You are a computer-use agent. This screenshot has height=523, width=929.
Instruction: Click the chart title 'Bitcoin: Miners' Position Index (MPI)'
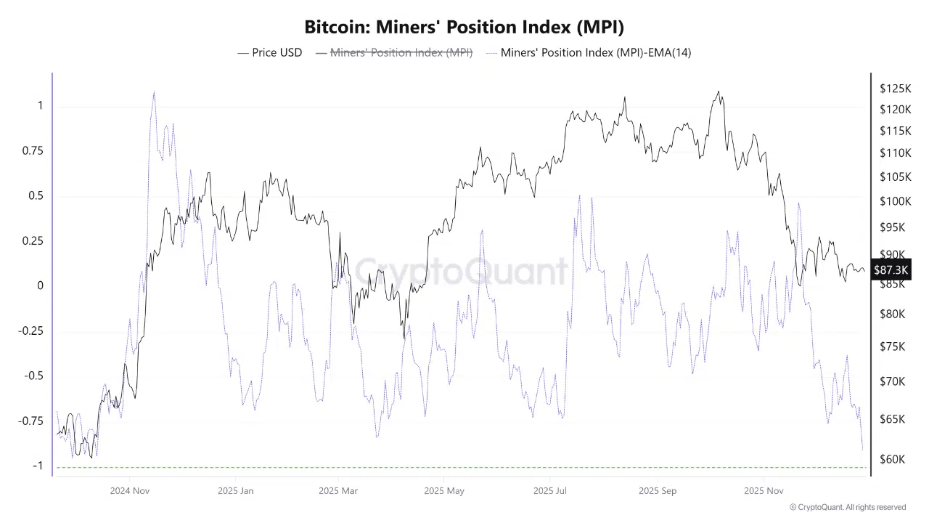point(464,27)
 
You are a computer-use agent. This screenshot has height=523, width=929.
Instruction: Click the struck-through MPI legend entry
point(401,52)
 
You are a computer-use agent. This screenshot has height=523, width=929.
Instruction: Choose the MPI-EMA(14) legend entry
point(595,52)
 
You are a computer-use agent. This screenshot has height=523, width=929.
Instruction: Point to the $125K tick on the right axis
point(895,89)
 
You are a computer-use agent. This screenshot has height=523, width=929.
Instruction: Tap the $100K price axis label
point(895,201)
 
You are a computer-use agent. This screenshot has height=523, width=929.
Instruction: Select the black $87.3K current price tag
point(891,270)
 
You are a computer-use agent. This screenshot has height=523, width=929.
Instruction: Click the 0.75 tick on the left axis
point(30,151)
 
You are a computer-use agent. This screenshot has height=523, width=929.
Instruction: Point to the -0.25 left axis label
point(30,331)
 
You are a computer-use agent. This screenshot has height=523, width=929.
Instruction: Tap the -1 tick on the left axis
point(36,466)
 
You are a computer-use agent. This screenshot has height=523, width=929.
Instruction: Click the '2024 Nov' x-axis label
point(130,491)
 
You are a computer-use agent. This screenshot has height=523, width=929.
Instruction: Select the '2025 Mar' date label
point(338,491)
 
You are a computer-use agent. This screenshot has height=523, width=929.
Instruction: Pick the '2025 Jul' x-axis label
point(549,491)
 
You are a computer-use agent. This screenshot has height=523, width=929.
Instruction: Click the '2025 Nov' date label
point(764,491)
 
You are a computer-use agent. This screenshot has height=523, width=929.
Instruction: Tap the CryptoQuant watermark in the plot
point(462,271)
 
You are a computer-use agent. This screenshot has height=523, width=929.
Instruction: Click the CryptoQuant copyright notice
point(847,507)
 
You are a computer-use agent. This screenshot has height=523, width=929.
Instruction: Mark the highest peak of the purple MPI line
point(153,93)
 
